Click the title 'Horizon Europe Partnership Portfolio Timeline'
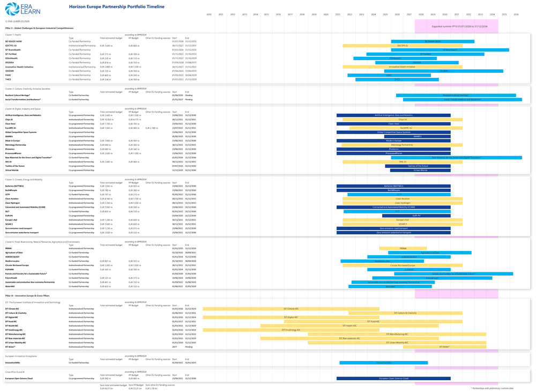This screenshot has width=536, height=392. pos(117,7)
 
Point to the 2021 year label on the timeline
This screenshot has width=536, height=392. pos(338,14)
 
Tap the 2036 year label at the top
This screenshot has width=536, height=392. pos(516,14)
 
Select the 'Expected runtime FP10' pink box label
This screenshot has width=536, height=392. pos(456,26)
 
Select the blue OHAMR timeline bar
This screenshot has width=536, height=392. pos(444,71)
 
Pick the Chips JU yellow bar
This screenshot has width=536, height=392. pos(402,120)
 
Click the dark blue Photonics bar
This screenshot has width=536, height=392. pos(393,149)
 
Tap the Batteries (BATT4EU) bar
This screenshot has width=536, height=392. pos(393,186)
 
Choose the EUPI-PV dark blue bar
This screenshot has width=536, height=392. pos(416,216)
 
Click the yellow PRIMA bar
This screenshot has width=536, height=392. pos(403,249)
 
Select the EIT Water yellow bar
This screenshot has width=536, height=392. pos(444,347)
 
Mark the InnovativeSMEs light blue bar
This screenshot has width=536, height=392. pos(383,363)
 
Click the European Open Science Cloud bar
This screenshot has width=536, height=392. pos(393,379)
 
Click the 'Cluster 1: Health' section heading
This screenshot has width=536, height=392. pos(13,34)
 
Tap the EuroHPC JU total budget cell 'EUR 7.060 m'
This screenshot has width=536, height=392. pos(107,128)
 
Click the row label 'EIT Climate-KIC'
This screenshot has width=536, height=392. pos(12,309)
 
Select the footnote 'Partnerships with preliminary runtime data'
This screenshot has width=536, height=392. pos(492,388)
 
